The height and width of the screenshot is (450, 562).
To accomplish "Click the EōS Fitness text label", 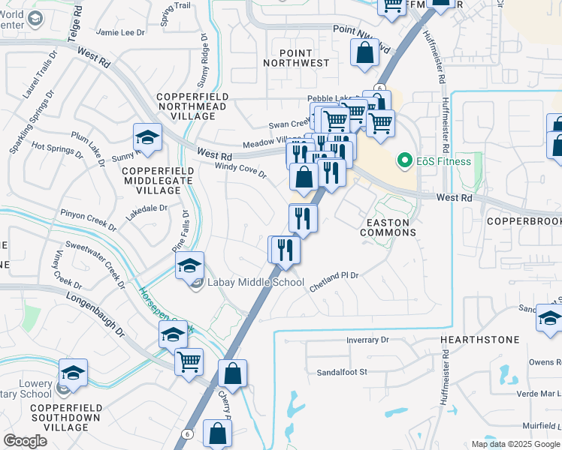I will pos(443,160).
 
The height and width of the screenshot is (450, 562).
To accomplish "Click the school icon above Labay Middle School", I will pos(190,265).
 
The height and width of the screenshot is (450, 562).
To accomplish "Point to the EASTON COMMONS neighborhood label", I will pos(388,227).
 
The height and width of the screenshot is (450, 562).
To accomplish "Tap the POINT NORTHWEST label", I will pos(304,58).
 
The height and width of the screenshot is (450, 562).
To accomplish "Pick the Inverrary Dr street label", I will pos(368,340).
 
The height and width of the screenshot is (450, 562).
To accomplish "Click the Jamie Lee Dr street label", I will pos(120,32).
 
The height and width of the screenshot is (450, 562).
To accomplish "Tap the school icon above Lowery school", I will pos(74,371).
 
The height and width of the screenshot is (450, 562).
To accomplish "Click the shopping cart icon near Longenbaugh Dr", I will pos(189,361).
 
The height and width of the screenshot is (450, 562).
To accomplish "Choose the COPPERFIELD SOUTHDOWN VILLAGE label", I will pos(65,416).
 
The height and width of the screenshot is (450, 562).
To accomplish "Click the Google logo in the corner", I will pos(26,440).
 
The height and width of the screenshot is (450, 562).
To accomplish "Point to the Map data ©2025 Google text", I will pos(515,444).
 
